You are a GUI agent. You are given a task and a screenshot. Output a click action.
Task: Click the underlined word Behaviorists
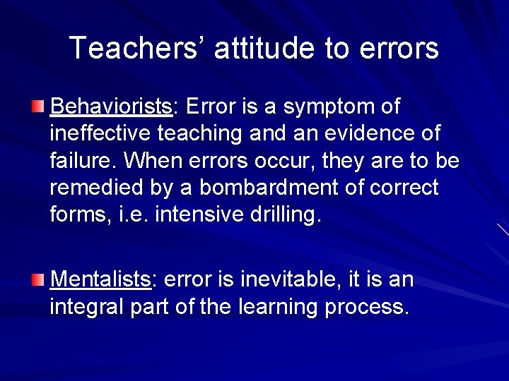(112, 107)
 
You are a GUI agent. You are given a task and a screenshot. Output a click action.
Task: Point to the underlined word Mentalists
(101, 279)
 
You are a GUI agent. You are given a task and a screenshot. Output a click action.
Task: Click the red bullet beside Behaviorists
(38, 107)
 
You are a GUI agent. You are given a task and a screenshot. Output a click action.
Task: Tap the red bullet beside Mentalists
(38, 280)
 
